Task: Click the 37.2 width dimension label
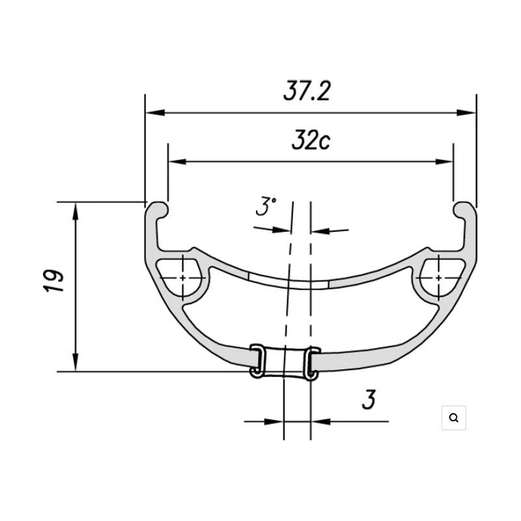tap(307, 91)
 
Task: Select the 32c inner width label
tap(311, 140)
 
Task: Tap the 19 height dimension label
tap(54, 281)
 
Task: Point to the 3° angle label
tap(266, 206)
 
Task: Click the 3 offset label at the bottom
tap(369, 399)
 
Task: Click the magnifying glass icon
tap(453, 417)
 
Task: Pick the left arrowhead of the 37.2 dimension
tap(155, 113)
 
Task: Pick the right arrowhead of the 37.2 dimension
tap(466, 113)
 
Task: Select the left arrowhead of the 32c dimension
tap(178, 162)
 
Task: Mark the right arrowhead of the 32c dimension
tap(444, 162)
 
